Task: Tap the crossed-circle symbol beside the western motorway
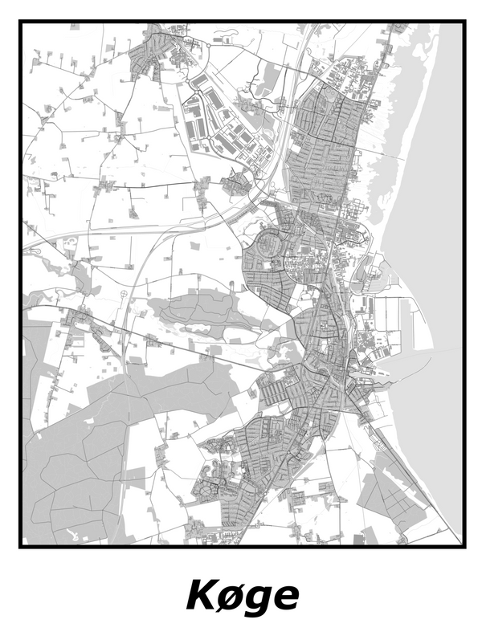pyautogui.click(x=124, y=295)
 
